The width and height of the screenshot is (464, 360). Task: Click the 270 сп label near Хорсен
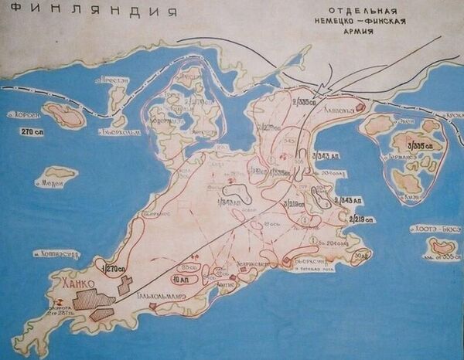(x=36, y=132)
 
